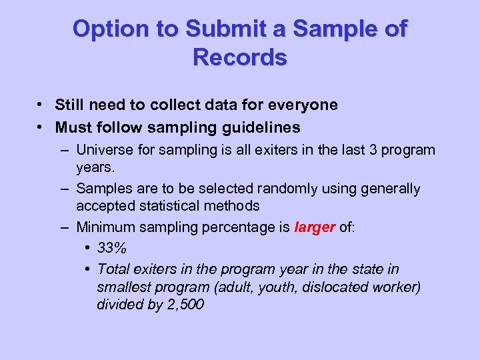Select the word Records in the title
coord(240,58)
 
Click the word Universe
coord(104,149)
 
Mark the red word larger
coord(315,227)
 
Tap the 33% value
coord(111,249)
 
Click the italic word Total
coord(113,269)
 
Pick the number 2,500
coord(184,305)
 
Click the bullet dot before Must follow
coord(41,126)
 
